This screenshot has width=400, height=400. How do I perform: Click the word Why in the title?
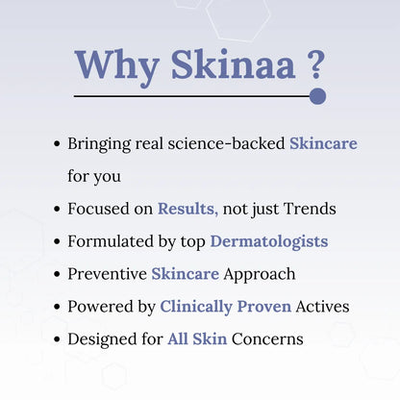[x=109, y=63]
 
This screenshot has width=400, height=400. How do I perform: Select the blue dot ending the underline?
[x=318, y=96]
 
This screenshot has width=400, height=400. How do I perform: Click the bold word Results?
[x=188, y=209]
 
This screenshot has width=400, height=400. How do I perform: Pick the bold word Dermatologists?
[x=269, y=241]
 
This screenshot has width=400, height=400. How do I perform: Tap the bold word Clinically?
[x=198, y=307]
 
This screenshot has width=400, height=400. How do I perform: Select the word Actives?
[x=323, y=307]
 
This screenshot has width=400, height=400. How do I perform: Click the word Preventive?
[x=106, y=274]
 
